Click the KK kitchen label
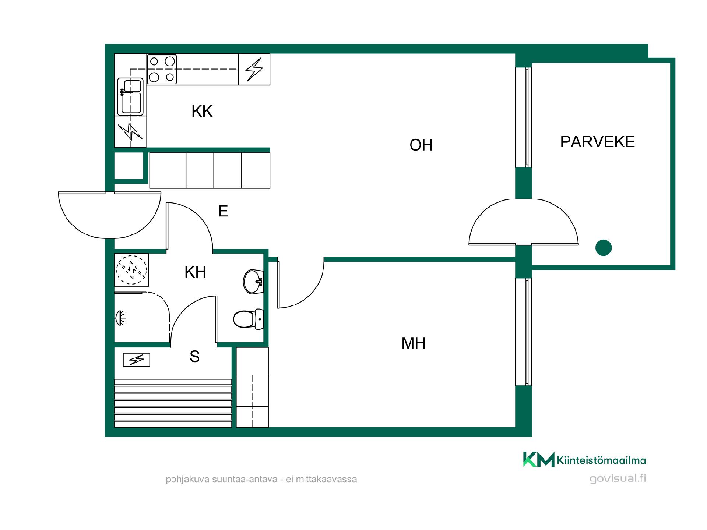click(x=202, y=111)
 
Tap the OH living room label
click(x=421, y=145)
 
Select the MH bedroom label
click(x=414, y=343)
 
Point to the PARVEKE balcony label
click(x=597, y=142)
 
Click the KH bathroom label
click(x=195, y=272)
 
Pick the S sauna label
click(x=194, y=356)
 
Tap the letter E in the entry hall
click(x=223, y=211)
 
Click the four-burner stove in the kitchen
click(x=162, y=69)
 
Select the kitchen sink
click(x=130, y=96)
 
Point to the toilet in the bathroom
click(x=249, y=319)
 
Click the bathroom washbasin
click(x=253, y=282)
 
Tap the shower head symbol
click(x=120, y=318)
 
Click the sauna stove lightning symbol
click(x=136, y=360)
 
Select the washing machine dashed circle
click(x=131, y=270)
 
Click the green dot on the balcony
click(x=604, y=248)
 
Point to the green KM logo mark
click(x=539, y=459)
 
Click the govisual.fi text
click(x=618, y=478)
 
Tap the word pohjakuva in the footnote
click(x=187, y=480)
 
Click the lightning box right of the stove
click(x=254, y=69)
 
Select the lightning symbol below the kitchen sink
click(x=130, y=132)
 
